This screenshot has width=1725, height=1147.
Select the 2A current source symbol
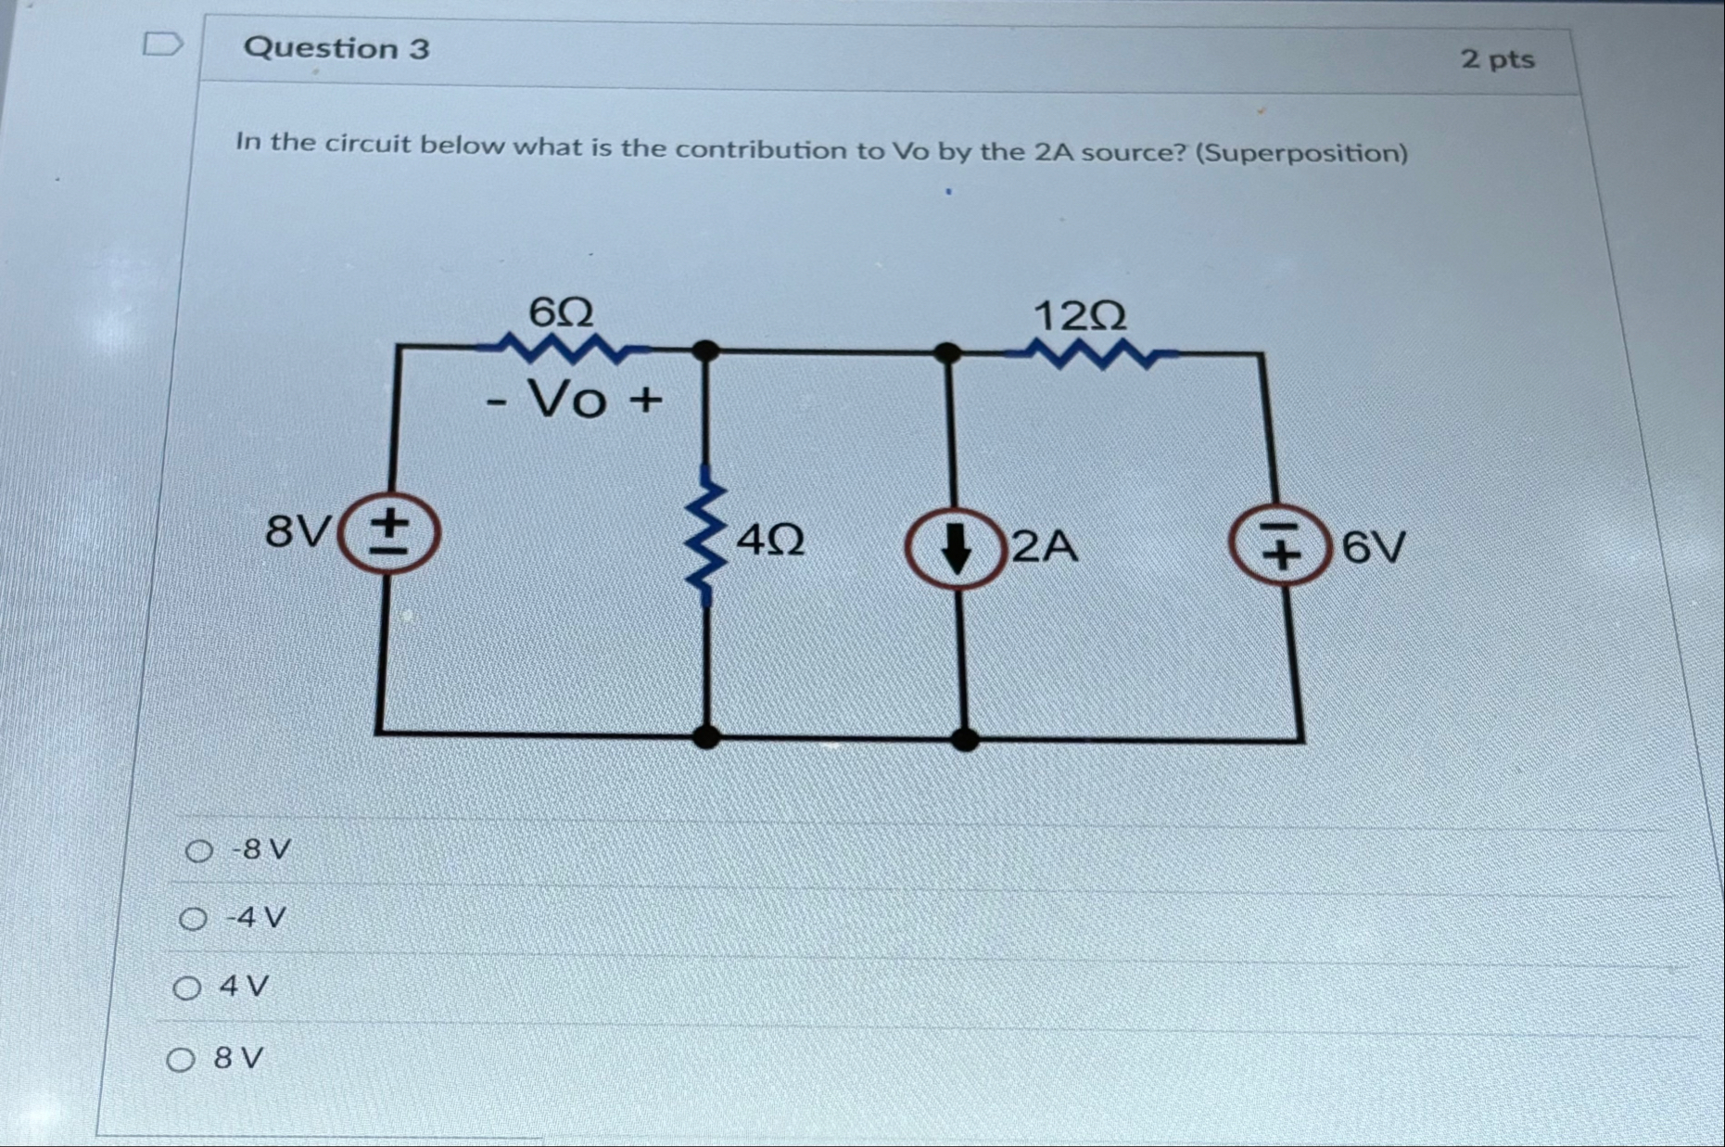[955, 548]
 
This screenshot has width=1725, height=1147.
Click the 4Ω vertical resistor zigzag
[706, 537]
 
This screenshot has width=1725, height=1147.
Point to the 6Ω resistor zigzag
[563, 349]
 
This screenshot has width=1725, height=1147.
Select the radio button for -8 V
[198, 850]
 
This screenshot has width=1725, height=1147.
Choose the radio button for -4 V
[193, 919]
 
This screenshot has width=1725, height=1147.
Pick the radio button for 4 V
[187, 988]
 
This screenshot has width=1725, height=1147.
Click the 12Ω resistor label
[1080, 317]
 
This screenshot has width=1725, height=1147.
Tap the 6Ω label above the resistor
[561, 312]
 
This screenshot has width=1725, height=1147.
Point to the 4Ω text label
[769, 539]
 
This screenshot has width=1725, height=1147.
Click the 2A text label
[1045, 547]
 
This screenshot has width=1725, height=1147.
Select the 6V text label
[1374, 548]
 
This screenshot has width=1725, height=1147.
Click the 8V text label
[297, 532]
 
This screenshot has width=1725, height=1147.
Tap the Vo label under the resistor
[567, 401]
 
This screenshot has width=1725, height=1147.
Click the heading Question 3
[336, 48]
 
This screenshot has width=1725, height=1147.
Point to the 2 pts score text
[1497, 59]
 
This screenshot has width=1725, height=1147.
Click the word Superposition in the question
[1300, 153]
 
